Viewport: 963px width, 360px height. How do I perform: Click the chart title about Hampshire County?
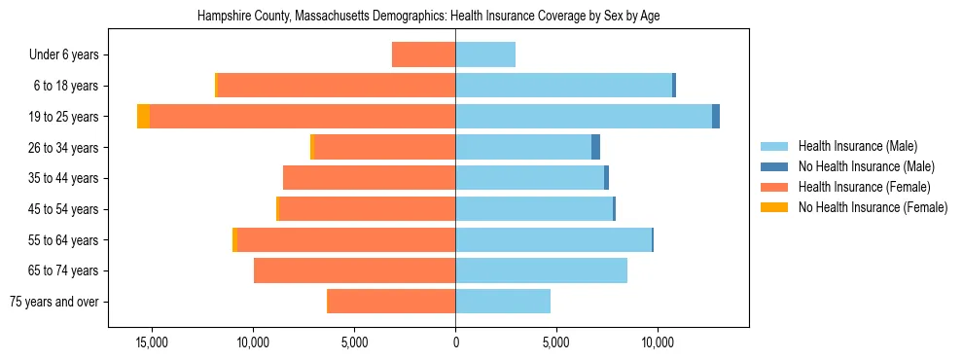429,17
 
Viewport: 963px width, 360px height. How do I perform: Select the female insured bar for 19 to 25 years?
303,117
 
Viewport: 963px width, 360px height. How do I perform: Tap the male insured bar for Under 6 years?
485,54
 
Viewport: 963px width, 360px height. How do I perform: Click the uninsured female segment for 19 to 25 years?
143,117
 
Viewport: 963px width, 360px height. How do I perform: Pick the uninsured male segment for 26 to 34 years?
595,147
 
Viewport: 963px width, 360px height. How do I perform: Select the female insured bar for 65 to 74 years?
354,270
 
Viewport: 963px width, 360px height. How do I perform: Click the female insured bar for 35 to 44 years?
369,178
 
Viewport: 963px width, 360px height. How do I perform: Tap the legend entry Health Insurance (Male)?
857,146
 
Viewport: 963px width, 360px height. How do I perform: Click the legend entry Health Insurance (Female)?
864,187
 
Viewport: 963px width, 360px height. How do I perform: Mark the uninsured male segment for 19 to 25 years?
716,117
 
